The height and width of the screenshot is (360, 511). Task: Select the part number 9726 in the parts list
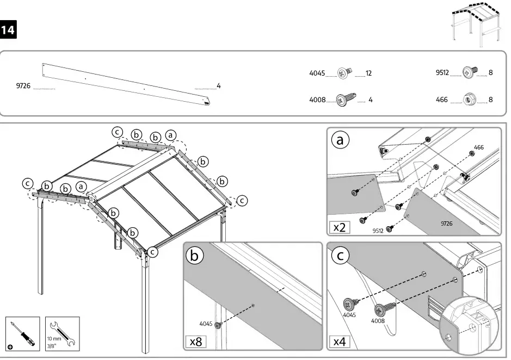[23, 86]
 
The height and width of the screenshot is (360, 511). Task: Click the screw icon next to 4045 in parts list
[343, 72]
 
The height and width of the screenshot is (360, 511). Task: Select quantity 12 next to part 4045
[368, 72]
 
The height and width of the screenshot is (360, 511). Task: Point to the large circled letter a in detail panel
[340, 141]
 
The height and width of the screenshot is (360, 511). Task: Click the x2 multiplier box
[340, 227]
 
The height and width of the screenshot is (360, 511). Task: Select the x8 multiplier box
[196, 342]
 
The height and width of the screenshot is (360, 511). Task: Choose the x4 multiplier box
[340, 342]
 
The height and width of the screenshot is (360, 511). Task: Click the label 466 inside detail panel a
[478, 147]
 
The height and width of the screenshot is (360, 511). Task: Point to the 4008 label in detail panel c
[378, 321]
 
